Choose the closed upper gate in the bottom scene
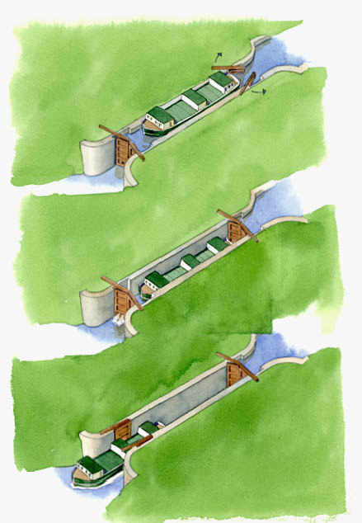234,371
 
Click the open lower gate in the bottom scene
123,430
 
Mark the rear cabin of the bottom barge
148,429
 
